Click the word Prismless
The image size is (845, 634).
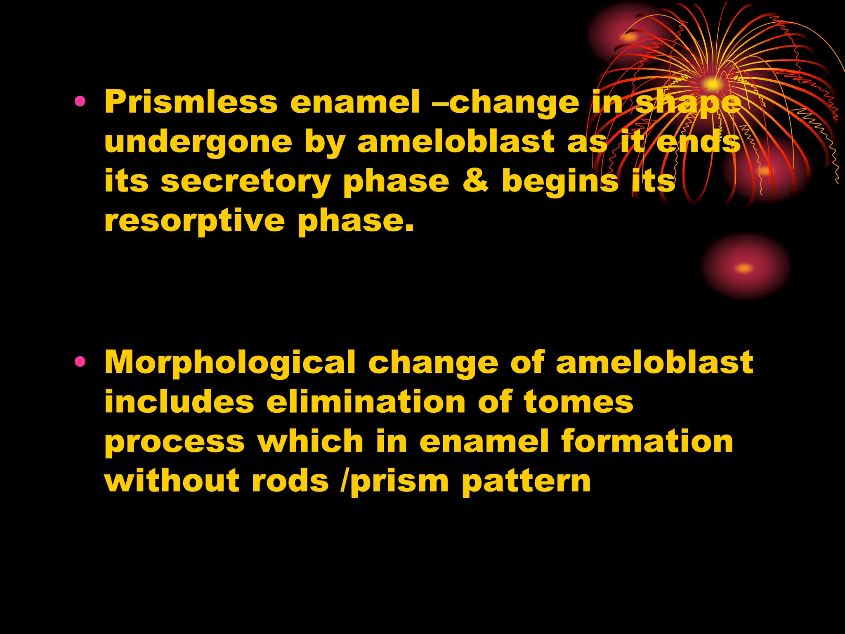[191, 102]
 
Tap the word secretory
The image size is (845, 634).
[245, 182]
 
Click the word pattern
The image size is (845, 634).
[526, 481]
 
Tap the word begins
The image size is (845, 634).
[560, 182]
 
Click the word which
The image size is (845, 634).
[310, 441]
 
